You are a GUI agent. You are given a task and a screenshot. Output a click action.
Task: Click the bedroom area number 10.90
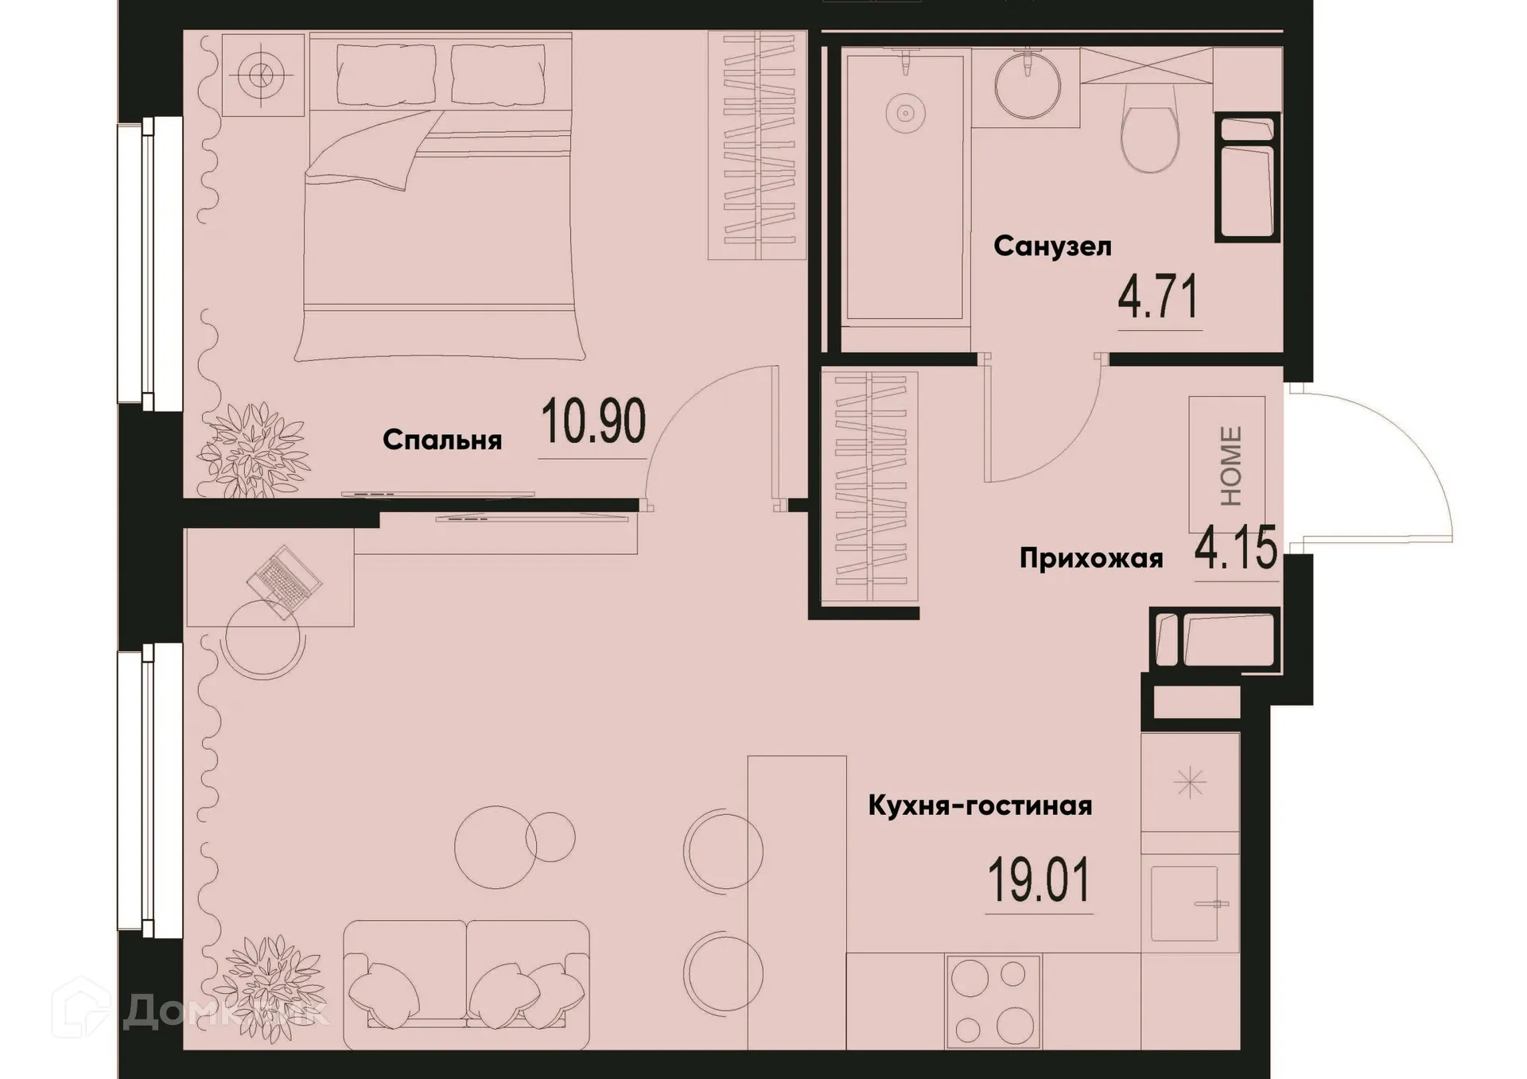tap(593, 422)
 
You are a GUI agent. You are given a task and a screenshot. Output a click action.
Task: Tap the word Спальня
tap(442, 440)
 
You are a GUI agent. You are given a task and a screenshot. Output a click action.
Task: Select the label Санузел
tap(1051, 246)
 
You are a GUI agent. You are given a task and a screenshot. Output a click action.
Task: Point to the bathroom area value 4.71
tap(1158, 298)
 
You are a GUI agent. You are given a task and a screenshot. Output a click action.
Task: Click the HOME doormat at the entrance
tap(1227, 466)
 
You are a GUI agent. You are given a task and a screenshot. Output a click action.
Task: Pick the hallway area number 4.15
tap(1235, 549)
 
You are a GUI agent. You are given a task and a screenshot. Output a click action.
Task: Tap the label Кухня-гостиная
tap(980, 805)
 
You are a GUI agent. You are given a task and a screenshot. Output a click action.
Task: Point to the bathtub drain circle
tap(905, 114)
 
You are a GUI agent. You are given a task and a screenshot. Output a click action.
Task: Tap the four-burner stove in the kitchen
tap(993, 1002)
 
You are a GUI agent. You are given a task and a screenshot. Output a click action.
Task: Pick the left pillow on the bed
tap(386, 69)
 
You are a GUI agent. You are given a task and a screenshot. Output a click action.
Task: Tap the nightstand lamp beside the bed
tap(261, 76)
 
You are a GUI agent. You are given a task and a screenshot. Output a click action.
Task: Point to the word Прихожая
tap(1090, 559)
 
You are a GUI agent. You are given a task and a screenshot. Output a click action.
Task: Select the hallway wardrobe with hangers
tap(869, 487)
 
